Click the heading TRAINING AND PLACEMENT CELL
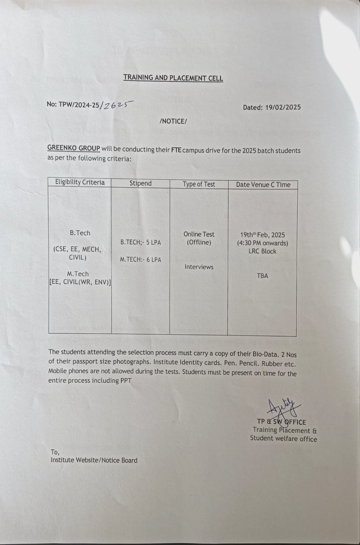pyautogui.click(x=173, y=78)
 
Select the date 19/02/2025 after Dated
pyautogui.click(x=283, y=107)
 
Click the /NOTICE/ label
pyautogui.click(x=173, y=121)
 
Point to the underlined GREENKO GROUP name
pyautogui.click(x=74, y=148)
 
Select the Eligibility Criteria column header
pyautogui.click(x=80, y=182)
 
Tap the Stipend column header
pyautogui.click(x=140, y=183)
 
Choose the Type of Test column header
pyautogui.click(x=199, y=184)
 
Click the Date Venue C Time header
pyautogui.click(x=263, y=185)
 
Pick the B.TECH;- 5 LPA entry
pyautogui.click(x=140, y=243)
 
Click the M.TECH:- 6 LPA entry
pyautogui.click(x=140, y=259)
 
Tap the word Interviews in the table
pyautogui.click(x=199, y=267)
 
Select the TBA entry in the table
pyautogui.click(x=262, y=276)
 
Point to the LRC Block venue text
pyautogui.click(x=262, y=252)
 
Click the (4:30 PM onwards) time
pyautogui.click(x=262, y=243)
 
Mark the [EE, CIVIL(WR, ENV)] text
pyautogui.click(x=80, y=282)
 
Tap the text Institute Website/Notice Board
pyautogui.click(x=94, y=460)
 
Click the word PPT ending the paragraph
pyautogui.click(x=126, y=381)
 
